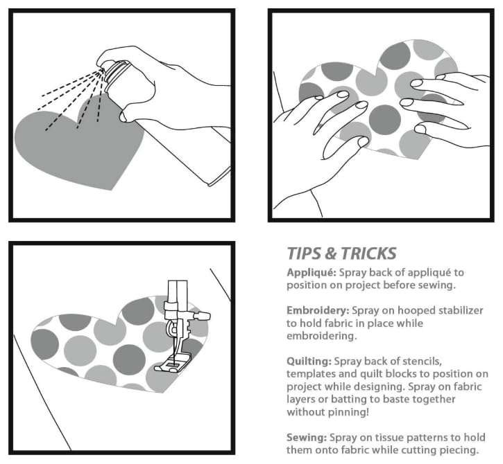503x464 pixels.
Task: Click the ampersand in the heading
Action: [x=330, y=254]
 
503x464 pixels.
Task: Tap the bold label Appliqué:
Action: [x=312, y=273]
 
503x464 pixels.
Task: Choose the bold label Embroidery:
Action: [x=318, y=311]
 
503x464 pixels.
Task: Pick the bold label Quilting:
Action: [x=309, y=362]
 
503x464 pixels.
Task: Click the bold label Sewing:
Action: [x=307, y=438]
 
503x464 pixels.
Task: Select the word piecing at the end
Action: [x=459, y=451]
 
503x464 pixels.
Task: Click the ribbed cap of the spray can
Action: [x=116, y=72]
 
